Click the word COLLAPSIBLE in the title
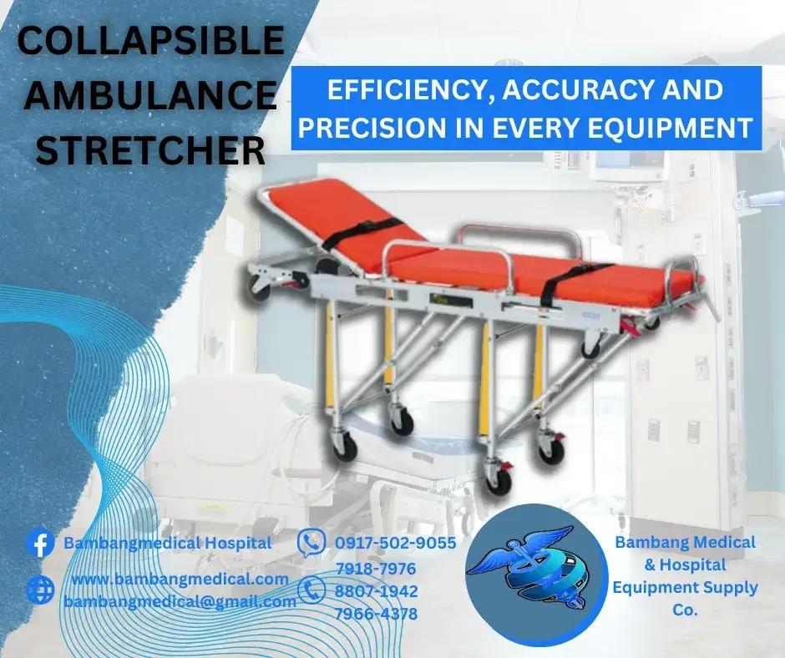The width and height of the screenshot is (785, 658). tap(150, 40)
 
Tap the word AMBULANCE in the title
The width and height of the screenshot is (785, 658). tap(150, 95)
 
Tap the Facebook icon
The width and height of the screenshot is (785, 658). tap(41, 544)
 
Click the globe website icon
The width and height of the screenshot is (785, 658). tap(41, 590)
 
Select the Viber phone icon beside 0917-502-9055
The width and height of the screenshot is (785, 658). tap(311, 544)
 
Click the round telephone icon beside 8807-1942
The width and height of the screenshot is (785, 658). tap(311, 590)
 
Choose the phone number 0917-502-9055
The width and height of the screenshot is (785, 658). tap(396, 543)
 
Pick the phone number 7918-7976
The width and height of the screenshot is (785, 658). tap(376, 569)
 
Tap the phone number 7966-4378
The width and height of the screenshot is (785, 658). tap(376, 614)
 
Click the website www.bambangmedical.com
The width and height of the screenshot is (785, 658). tap(180, 579)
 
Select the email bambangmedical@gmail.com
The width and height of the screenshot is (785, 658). tap(180, 601)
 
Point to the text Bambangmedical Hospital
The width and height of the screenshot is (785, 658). tap(167, 543)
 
